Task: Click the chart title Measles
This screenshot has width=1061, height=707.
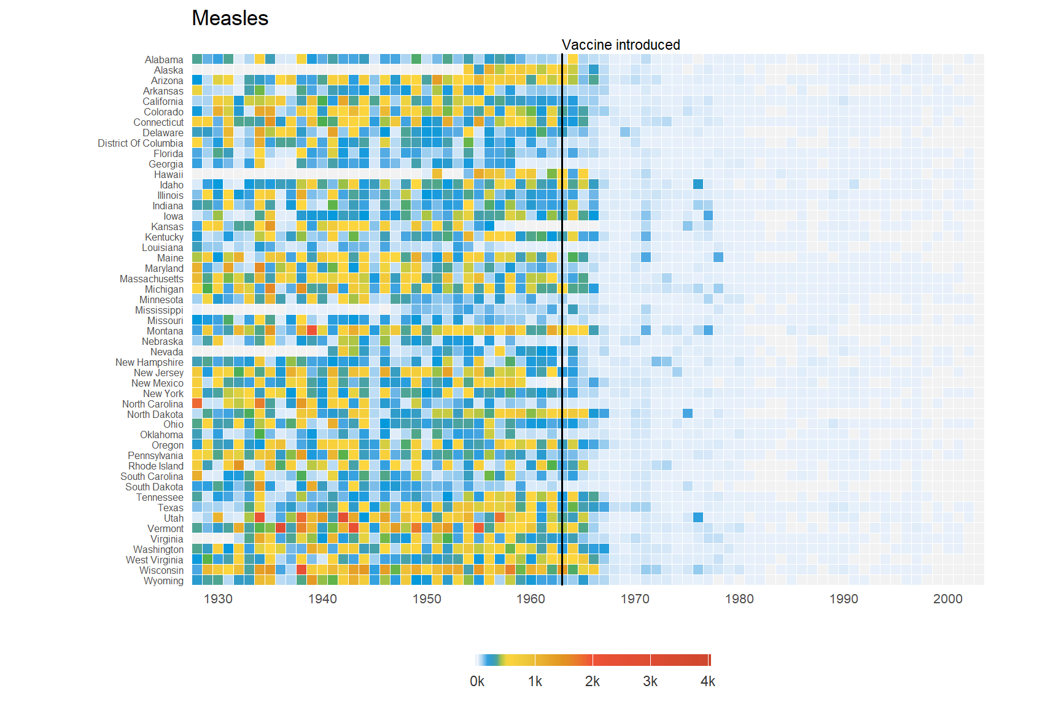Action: tap(230, 18)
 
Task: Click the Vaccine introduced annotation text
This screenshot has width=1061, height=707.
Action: tap(620, 45)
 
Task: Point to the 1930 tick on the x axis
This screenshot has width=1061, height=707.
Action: tap(218, 599)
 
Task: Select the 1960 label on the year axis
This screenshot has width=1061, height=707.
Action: tap(530, 599)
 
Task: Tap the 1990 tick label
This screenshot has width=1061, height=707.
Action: tap(844, 599)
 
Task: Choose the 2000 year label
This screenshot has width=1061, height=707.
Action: tap(947, 599)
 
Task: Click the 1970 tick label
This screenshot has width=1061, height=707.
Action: tap(635, 599)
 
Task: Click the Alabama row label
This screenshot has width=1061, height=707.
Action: tap(164, 60)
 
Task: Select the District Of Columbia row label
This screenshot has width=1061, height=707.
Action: tap(141, 143)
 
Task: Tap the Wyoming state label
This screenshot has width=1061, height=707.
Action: tap(163, 581)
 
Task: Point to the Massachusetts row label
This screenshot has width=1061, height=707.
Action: tap(152, 279)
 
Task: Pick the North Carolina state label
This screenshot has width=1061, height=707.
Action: tap(152, 404)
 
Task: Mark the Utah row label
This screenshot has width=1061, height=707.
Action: tap(174, 518)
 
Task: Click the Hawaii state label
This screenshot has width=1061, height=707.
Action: tap(169, 174)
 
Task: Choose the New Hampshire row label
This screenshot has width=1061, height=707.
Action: tap(149, 362)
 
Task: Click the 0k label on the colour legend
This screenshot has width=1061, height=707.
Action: tap(477, 681)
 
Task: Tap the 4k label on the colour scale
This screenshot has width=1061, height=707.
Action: tap(708, 681)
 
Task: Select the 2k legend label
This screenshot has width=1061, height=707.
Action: tap(593, 681)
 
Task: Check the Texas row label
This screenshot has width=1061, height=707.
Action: tap(171, 508)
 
